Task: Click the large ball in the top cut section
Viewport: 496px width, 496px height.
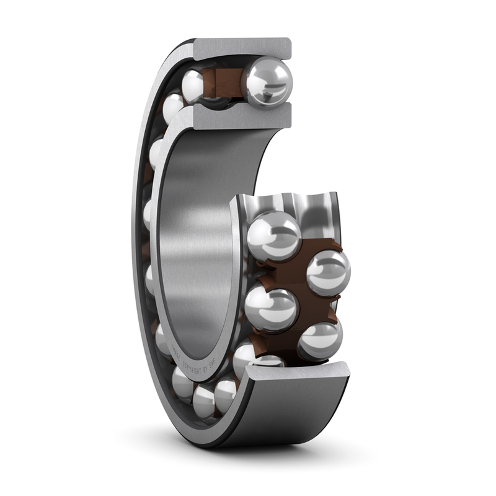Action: point(267,82)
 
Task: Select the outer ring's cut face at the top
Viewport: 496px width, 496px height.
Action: point(242,48)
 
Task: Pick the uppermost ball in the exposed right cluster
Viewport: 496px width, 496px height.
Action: point(273,236)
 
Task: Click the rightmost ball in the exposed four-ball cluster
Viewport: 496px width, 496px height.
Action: point(328,272)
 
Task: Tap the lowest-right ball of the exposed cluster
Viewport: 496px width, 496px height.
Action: point(319,340)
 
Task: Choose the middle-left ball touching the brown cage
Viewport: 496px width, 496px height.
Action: point(271,308)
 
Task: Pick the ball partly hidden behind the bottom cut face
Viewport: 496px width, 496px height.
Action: point(268,361)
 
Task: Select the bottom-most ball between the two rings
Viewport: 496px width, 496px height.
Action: point(205,401)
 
